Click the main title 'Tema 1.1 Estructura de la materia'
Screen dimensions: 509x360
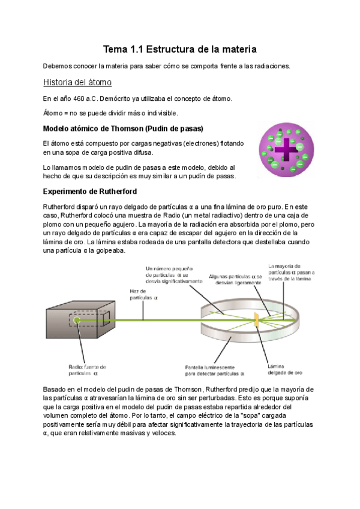180,48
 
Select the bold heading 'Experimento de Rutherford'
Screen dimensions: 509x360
90,191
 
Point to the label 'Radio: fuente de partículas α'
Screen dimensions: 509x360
87,369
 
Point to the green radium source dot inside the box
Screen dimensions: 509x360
77,320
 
